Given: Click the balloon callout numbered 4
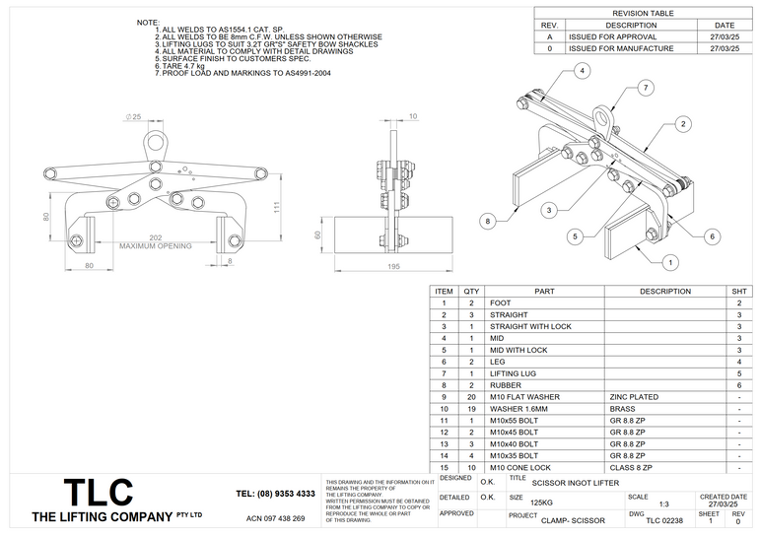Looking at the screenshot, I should [x=584, y=71].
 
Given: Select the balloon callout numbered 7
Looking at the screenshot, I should [x=645, y=89].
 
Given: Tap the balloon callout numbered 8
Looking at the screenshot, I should [x=487, y=223].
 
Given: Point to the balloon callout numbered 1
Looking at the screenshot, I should [x=670, y=262].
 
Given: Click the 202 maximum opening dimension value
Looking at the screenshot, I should [x=155, y=237].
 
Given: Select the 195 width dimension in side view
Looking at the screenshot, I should [x=393, y=267].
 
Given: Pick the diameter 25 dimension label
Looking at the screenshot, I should [x=134, y=117].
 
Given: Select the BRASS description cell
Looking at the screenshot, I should [x=621, y=408].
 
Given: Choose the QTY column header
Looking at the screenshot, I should [x=471, y=291].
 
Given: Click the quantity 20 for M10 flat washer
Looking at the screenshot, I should [x=471, y=397].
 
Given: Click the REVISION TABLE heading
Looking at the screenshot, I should [x=645, y=14].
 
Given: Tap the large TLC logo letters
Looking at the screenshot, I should [x=98, y=493].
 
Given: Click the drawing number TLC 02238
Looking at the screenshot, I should [x=663, y=519].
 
